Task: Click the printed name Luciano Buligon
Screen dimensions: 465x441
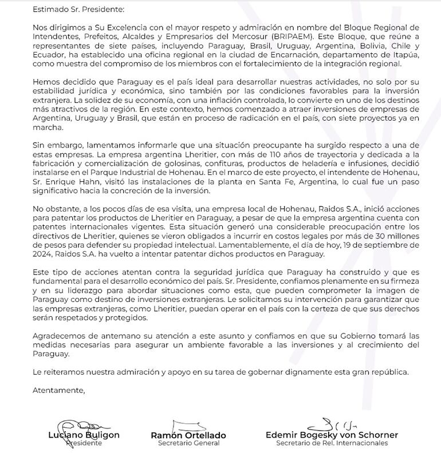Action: tap(84, 435)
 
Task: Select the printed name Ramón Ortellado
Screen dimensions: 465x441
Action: tap(188, 435)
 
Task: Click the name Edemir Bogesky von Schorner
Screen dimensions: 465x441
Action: tap(332, 435)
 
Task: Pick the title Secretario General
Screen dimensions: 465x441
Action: tap(188, 443)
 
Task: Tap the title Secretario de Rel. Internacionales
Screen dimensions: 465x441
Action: tap(332, 443)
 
